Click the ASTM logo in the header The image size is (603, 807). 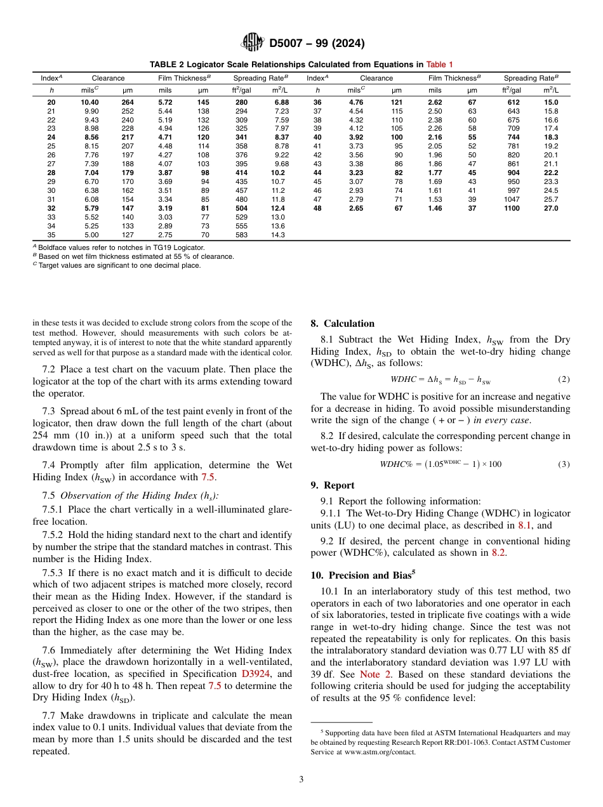click(x=253, y=43)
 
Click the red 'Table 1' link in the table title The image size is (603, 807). click(x=439, y=64)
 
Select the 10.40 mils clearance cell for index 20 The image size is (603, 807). click(x=89, y=102)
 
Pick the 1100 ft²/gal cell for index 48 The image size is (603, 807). click(x=512, y=208)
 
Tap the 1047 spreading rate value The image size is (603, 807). click(x=511, y=199)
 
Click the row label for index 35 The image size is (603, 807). click(x=51, y=235)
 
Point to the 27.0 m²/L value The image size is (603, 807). click(x=550, y=208)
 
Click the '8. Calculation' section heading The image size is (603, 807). click(x=342, y=324)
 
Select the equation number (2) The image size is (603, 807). click(x=564, y=380)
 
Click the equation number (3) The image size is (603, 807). click(x=564, y=464)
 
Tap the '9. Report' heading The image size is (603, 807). click(x=333, y=485)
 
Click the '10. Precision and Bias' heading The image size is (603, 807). click(x=362, y=575)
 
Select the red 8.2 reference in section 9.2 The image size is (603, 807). click(x=499, y=553)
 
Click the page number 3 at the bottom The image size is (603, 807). click(x=301, y=779)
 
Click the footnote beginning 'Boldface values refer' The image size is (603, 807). click(x=121, y=247)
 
